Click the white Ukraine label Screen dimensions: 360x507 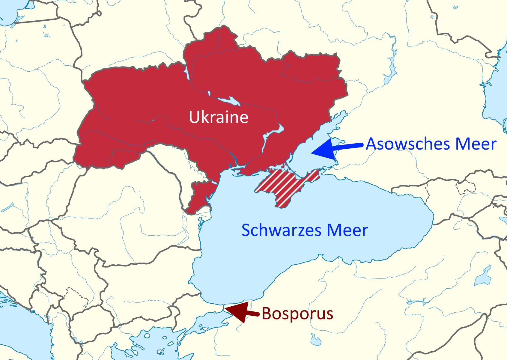pyautogui.click(x=219, y=117)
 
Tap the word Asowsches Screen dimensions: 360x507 pyautogui.click(x=408, y=144)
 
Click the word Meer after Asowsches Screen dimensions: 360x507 pyautogui.click(x=476, y=144)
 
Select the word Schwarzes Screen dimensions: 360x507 pyautogui.click(x=282, y=230)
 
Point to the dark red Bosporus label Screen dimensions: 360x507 pyautogui.click(x=297, y=314)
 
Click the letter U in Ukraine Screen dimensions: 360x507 pyautogui.click(x=194, y=117)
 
